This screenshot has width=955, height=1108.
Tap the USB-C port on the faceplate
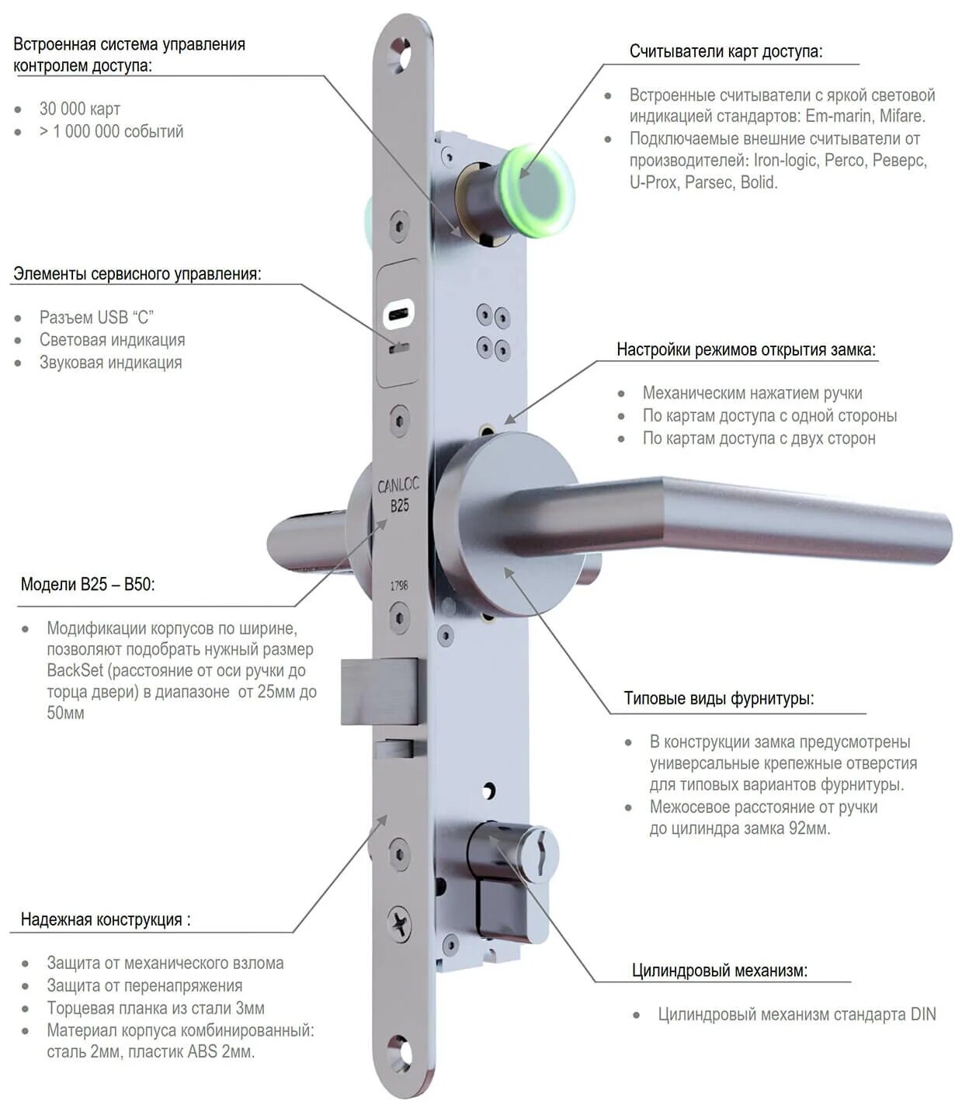click(x=399, y=314)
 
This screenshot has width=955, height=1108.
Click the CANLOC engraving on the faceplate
click(x=398, y=485)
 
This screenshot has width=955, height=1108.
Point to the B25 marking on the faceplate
click(x=399, y=505)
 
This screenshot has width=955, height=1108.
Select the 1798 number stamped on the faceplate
click(x=399, y=585)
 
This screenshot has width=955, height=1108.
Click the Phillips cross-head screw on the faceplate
click(x=400, y=924)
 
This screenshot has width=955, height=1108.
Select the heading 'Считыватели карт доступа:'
click(x=725, y=52)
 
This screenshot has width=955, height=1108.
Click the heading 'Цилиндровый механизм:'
click(x=719, y=970)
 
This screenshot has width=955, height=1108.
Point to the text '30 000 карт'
click(x=80, y=109)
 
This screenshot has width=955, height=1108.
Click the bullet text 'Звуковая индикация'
click(x=110, y=363)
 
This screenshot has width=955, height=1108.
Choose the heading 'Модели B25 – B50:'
click(x=88, y=584)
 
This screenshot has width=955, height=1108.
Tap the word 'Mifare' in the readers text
click(x=901, y=116)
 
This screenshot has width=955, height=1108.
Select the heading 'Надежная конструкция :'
click(x=106, y=919)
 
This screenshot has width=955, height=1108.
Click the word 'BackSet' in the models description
click(x=75, y=671)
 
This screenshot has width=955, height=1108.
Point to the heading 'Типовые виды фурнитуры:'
click(x=719, y=698)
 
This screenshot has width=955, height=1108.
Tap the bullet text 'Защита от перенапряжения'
click(x=144, y=985)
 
